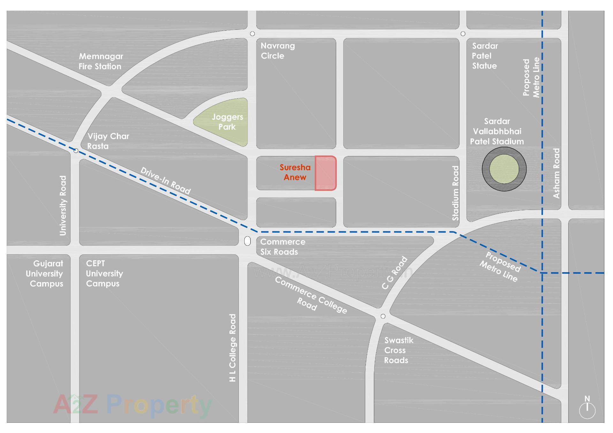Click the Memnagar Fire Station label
click(x=100, y=61)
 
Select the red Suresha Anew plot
click(x=325, y=173)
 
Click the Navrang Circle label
click(x=277, y=51)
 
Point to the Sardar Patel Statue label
click(x=485, y=56)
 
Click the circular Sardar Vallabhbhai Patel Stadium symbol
click(x=504, y=169)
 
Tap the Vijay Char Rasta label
click(x=108, y=141)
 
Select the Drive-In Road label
click(x=165, y=181)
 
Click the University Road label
click(x=63, y=205)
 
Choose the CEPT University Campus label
click(x=104, y=273)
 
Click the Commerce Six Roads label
click(x=283, y=247)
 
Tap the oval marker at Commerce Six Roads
click(x=247, y=241)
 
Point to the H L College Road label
click(x=233, y=348)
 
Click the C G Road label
click(x=395, y=273)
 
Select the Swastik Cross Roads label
click(x=398, y=350)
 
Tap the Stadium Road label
click(x=456, y=193)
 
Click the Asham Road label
click(x=556, y=173)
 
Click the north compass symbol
click(x=587, y=409)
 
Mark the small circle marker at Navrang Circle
click(x=252, y=34)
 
